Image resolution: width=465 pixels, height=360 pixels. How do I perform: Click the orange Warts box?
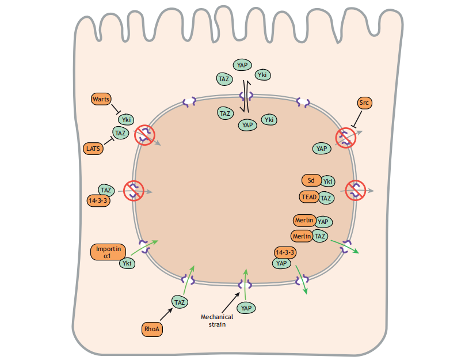coord(101,99)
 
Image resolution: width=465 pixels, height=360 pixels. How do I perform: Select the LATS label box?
coord(93,149)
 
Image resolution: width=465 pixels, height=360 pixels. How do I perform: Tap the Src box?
coord(364,104)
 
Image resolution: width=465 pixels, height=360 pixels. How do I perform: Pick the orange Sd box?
coord(311,181)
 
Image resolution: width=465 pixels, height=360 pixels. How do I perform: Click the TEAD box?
coord(308,197)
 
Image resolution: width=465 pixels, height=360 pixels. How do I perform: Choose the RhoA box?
coord(151,329)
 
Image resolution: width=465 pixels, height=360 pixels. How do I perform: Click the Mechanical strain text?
coord(217,320)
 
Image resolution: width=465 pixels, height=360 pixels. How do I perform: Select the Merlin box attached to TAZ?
coord(302,236)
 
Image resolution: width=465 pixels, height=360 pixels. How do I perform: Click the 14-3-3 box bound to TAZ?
coord(98,200)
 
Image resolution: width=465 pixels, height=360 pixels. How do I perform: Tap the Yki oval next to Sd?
coord(328,181)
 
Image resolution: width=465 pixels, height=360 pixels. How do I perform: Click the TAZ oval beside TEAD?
coord(326,198)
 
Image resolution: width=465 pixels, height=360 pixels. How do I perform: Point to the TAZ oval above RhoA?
coord(180,301)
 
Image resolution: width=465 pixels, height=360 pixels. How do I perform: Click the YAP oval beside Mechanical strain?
coord(247,308)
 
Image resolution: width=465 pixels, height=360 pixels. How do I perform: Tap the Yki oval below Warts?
coord(126,120)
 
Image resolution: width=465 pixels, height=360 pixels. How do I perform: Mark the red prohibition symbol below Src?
coord(345,137)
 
